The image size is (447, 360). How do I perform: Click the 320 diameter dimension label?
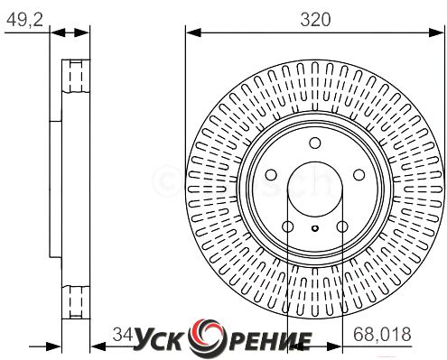point(315,20)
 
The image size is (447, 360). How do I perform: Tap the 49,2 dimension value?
point(24,20)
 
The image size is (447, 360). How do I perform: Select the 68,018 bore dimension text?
point(382,334)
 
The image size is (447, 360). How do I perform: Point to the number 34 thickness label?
point(123,334)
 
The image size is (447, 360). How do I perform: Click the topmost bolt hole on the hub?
point(315,143)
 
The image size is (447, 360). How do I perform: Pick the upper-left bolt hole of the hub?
point(271,174)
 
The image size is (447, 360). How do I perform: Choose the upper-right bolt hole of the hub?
point(359,174)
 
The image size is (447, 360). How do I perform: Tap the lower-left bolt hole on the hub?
point(288,226)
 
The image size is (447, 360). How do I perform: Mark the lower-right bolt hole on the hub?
point(342,226)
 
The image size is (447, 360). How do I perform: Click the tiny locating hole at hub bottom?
point(315,228)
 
